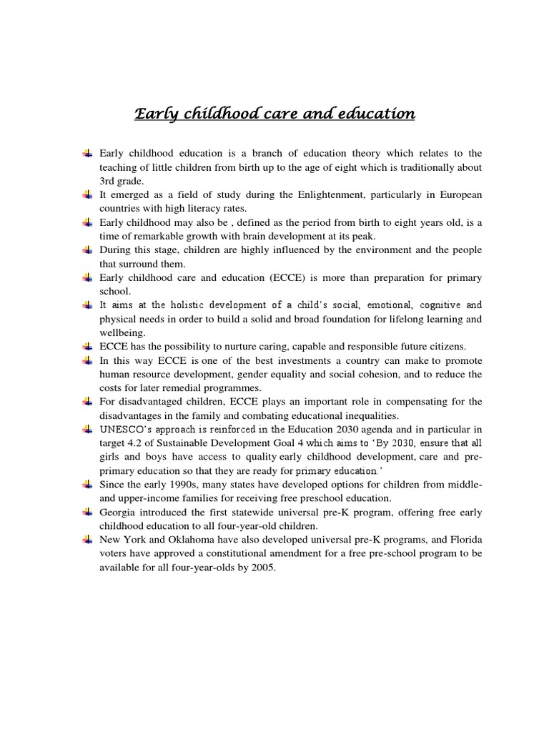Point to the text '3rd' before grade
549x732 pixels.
pos(108,181)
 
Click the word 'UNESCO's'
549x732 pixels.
pos(127,428)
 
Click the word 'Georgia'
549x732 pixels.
pos(117,513)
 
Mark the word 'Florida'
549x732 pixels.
pos(464,540)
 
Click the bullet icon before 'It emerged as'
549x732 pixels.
pos(87,195)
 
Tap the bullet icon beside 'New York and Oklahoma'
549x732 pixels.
pos(87,540)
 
